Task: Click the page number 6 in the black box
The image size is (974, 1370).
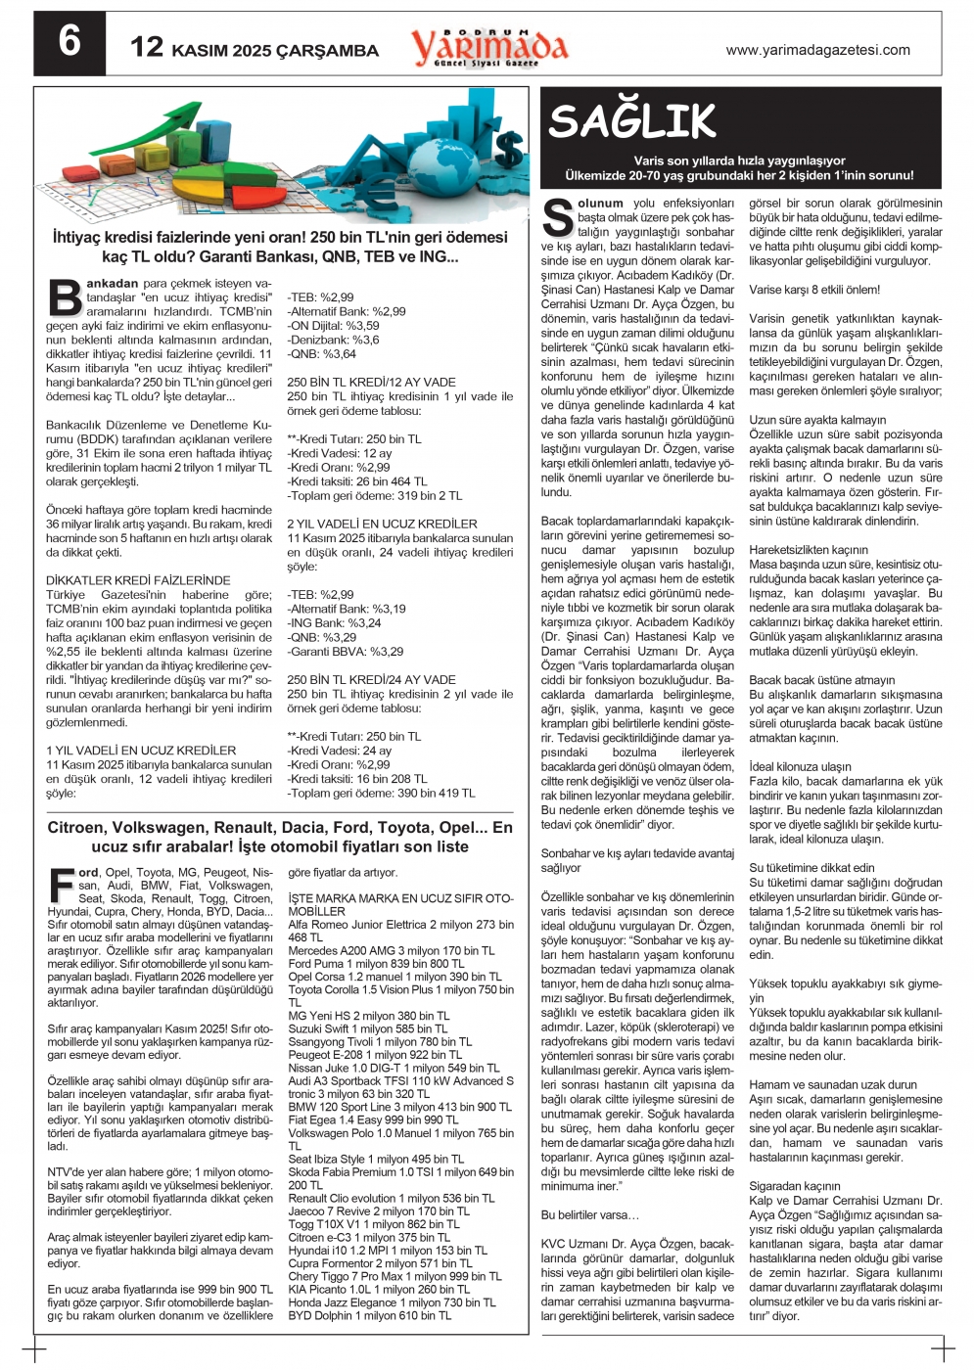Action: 70,42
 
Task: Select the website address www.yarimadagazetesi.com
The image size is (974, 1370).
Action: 817,50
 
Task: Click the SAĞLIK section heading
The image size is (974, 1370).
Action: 632,122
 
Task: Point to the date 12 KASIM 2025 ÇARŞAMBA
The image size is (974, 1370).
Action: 255,49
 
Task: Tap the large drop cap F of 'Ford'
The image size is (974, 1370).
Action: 62,883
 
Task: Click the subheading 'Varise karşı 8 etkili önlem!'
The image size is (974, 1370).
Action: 814,290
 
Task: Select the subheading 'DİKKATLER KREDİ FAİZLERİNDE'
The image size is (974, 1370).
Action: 138,580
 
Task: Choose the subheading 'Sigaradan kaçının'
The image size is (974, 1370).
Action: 795,1186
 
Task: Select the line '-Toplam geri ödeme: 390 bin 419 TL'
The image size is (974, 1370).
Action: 381,794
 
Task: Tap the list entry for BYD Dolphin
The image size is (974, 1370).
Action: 369,1316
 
